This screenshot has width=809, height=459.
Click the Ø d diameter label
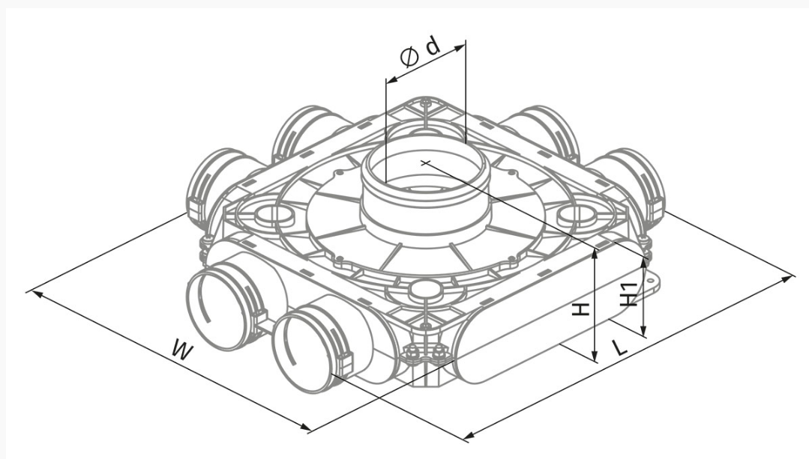[421, 51]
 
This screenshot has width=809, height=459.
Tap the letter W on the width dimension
[182, 350]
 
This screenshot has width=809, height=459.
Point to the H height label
[582, 309]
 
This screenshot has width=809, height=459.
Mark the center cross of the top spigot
[425, 163]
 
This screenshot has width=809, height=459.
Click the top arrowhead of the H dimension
[595, 253]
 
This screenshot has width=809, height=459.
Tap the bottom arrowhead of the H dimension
[595, 356]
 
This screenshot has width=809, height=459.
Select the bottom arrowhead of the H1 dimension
[643, 329]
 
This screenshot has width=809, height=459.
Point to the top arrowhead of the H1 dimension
[643, 263]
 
